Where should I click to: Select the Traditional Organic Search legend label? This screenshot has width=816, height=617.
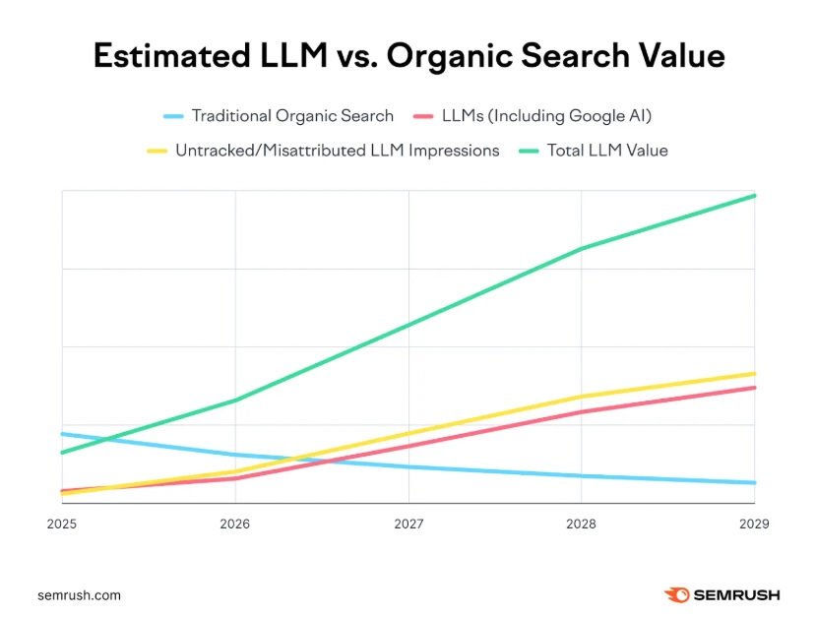292,116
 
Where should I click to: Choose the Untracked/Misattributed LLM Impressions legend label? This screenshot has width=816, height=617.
338,151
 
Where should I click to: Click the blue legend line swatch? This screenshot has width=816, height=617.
173,116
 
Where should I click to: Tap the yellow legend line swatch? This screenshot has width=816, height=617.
157,151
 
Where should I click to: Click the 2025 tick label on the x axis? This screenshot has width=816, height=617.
61,524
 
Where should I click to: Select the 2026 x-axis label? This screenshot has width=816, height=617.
234,524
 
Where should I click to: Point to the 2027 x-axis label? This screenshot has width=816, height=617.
408,524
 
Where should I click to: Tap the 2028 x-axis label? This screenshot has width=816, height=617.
582,524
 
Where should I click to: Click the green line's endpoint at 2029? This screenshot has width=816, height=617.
755,196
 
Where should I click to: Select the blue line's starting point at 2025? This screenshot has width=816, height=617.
62,434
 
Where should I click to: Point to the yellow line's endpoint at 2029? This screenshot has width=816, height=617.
755,374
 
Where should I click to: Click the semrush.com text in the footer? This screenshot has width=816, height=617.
79,595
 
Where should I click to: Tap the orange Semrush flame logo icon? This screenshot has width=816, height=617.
676,595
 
